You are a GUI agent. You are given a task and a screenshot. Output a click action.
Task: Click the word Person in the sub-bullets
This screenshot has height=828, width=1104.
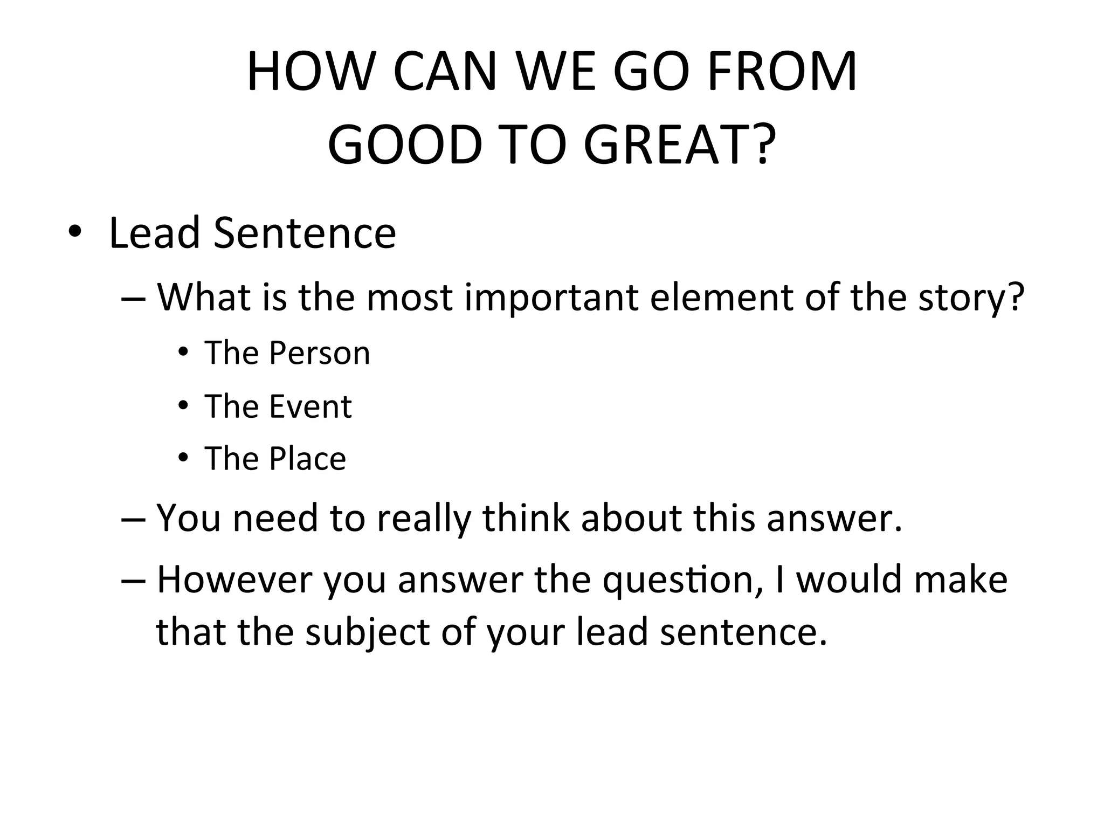[x=320, y=353]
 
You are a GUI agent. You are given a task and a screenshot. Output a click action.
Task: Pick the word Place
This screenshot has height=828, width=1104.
[x=307, y=459]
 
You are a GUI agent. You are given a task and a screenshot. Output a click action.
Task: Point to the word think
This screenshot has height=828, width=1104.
[x=526, y=517]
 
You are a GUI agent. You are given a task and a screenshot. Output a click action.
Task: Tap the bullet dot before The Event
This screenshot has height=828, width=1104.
[x=183, y=405]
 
